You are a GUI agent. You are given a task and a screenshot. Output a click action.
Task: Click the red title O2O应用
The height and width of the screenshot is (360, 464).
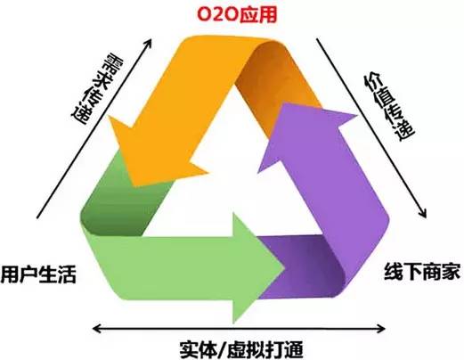point(237,14)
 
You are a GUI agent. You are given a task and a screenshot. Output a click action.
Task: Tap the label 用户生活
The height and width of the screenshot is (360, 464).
point(38,274)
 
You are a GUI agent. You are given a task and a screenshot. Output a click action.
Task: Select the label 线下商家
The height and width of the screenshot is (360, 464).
point(422,271)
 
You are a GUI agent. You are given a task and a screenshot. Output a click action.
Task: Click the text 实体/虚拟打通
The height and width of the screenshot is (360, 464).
point(241,349)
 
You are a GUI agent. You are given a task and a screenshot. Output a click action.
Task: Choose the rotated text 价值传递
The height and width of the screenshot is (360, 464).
point(388,107)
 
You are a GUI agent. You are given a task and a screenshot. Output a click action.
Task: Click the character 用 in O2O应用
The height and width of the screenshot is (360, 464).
point(267,14)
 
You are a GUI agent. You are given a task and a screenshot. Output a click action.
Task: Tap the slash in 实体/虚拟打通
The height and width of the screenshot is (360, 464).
point(223,349)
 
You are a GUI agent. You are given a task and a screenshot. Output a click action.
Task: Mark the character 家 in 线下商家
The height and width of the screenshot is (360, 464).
point(451,271)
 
